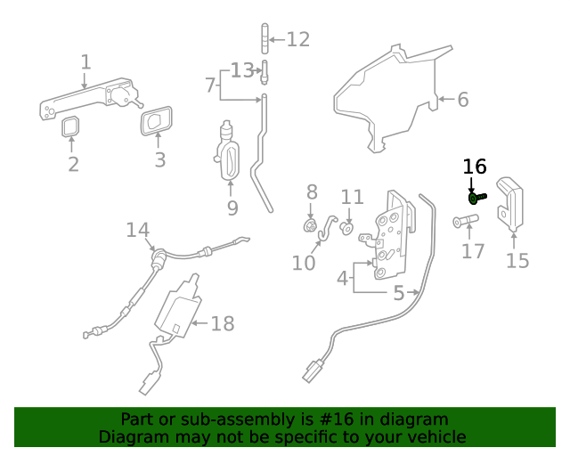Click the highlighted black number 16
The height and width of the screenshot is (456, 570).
[475, 167]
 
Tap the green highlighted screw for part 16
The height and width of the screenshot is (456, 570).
[476, 197]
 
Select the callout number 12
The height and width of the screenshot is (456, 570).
[297, 39]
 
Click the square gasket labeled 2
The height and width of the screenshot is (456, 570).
[70, 127]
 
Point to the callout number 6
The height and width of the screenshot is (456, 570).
[462, 100]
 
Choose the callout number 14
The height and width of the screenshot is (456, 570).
[137, 231]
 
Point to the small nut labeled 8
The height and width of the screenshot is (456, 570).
[312, 225]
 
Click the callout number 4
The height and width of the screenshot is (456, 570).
[342, 278]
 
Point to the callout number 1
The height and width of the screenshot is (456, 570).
[85, 62]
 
